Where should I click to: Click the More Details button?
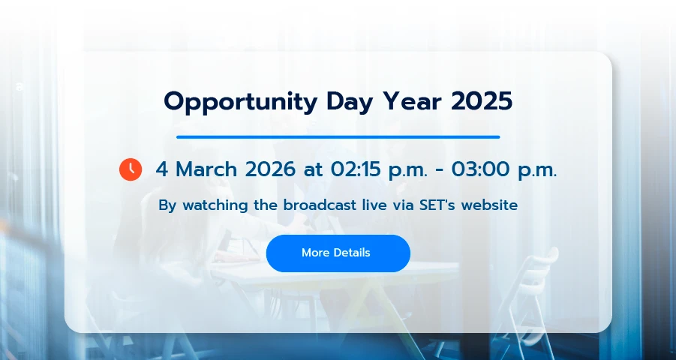point(338,253)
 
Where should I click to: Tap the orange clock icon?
point(131,169)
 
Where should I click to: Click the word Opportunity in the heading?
point(241,103)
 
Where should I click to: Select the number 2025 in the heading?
point(482,101)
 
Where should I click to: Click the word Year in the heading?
point(412,101)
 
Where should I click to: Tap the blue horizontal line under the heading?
point(338,137)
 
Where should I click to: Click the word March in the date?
point(206,169)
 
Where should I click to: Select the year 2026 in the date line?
point(270,169)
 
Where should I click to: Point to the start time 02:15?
point(356,169)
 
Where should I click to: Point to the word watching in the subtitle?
point(215,205)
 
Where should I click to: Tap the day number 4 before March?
point(161,169)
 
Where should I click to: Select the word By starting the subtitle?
point(168,205)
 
